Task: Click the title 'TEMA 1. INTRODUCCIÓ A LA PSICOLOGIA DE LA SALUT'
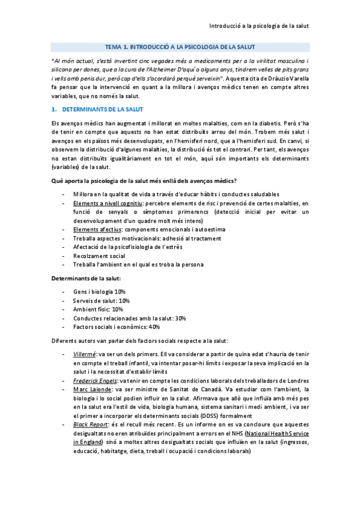[x=180, y=46]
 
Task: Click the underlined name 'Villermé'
[x=84, y=354]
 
